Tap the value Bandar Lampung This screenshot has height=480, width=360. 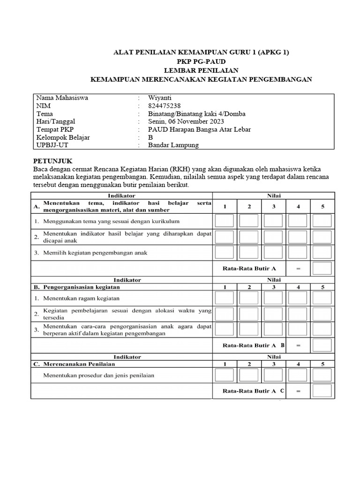coord(173,145)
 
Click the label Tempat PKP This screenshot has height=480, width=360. coord(52,129)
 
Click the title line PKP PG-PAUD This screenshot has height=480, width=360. coord(202,61)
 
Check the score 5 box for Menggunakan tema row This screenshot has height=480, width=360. coord(322,221)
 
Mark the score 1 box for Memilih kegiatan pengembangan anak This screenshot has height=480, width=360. coord(224,253)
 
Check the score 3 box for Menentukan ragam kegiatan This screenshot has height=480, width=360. coord(273,298)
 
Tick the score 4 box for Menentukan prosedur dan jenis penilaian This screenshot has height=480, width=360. coord(297,375)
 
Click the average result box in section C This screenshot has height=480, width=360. coord(322,390)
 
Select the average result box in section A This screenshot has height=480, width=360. coord(322,269)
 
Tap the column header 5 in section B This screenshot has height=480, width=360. coord(322,287)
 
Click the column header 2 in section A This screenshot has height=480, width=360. coord(249,206)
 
